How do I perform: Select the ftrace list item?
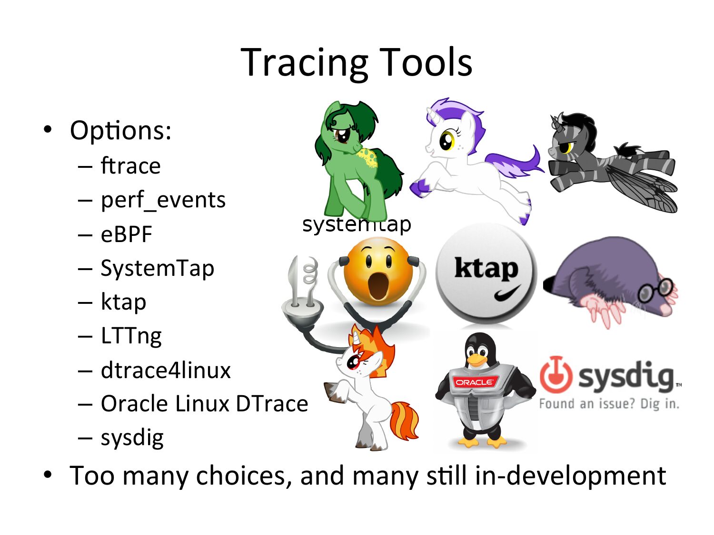[131, 165]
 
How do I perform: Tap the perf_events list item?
[163, 200]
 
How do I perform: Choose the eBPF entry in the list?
[127, 234]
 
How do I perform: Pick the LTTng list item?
[131, 336]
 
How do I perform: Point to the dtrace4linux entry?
[166, 370]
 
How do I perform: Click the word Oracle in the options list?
[134, 404]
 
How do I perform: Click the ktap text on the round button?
[486, 268]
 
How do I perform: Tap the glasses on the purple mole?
[654, 290]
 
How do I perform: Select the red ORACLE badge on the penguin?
[475, 382]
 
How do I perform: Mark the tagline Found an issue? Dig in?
[609, 404]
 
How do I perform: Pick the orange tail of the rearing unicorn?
[404, 421]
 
